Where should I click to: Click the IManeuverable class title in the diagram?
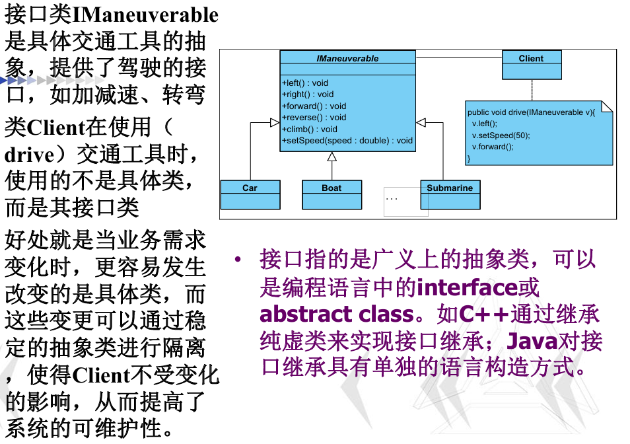(x=347, y=58)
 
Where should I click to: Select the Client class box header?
(x=531, y=57)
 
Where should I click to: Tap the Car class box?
(x=250, y=195)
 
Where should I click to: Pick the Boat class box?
(x=332, y=195)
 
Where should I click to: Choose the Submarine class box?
(x=450, y=195)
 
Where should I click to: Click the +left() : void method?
(x=305, y=83)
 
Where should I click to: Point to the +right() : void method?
(x=308, y=94)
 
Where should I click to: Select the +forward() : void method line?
(x=314, y=106)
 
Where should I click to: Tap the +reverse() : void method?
(x=314, y=118)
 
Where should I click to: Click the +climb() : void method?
(x=309, y=129)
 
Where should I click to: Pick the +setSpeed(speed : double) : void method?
(x=347, y=140)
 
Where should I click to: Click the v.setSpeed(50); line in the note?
(x=501, y=135)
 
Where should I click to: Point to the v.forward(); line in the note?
(x=493, y=147)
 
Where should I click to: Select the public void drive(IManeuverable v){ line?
(x=531, y=112)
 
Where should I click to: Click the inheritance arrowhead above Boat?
(x=332, y=157)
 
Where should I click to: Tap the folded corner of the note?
(x=607, y=106)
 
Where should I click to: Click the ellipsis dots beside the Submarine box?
(x=392, y=198)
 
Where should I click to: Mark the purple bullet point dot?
(x=238, y=259)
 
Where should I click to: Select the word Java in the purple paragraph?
(x=532, y=342)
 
